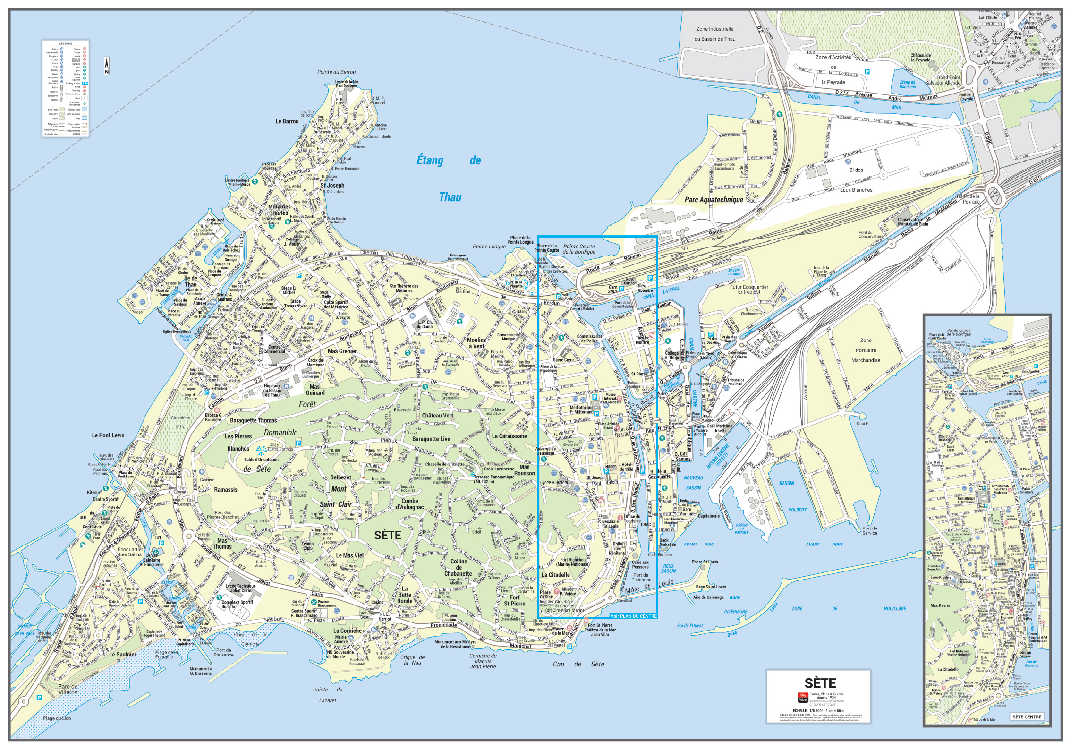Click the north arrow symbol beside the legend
point(107,66)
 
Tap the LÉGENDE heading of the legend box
point(66,43)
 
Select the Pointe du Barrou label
point(336,72)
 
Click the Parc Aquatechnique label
point(714,200)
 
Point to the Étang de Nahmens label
point(907,84)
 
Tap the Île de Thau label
point(191,281)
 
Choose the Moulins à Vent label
point(476,343)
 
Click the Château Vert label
point(437,416)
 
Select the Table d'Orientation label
point(261,459)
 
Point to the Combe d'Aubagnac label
point(409,504)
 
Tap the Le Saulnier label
point(122,655)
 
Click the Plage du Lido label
point(57,718)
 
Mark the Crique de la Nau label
point(413,660)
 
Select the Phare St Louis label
point(705,562)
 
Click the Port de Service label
point(870,531)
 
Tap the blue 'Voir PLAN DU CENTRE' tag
point(633,616)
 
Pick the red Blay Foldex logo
point(802,697)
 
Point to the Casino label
point(377,602)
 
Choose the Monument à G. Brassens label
point(201,671)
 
